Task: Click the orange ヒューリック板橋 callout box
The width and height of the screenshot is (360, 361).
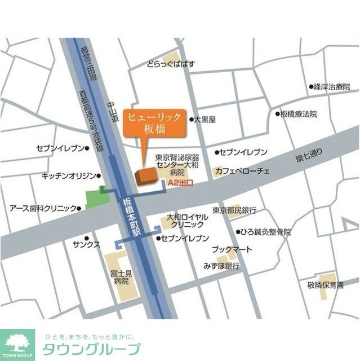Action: [154, 122]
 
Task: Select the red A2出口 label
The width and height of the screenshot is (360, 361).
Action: [181, 183]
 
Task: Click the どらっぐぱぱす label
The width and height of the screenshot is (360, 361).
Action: [171, 64]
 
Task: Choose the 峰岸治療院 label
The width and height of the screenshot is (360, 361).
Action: [332, 87]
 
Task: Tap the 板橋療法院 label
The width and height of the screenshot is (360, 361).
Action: [299, 114]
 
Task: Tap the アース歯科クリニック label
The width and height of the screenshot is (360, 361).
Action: [42, 208]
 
